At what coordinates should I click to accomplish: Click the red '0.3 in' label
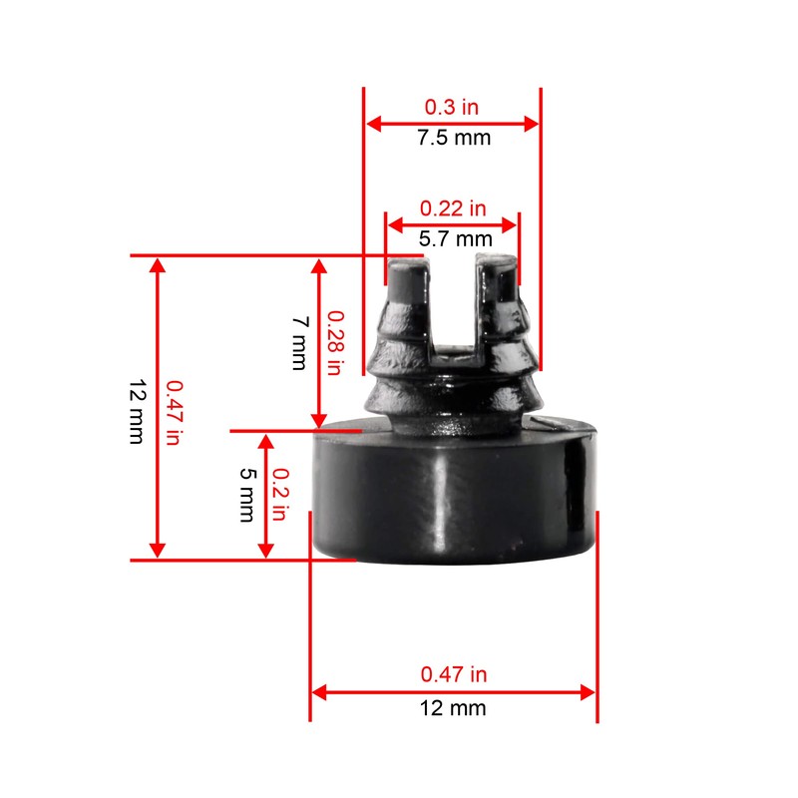pos(452,106)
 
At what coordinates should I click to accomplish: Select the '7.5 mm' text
pos(454,138)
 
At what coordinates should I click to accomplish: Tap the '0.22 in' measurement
pos(453,208)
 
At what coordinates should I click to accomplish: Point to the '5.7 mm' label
pos(454,238)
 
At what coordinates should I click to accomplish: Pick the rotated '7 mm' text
pos(298,342)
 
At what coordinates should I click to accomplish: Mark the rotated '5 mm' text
pos(246,496)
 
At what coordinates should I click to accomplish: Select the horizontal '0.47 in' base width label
pos(454,675)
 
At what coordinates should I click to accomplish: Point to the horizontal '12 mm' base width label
pos(454,708)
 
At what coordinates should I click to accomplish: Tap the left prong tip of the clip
pos(407,269)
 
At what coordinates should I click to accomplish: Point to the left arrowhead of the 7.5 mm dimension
pos(372,123)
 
